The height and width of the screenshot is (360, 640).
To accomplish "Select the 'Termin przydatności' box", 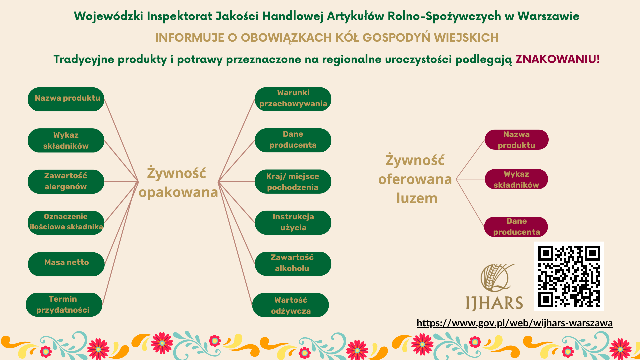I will coord(64,305).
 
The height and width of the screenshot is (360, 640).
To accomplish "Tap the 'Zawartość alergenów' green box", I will coord(66,182).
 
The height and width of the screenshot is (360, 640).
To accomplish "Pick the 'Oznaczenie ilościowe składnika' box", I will coord(66,222).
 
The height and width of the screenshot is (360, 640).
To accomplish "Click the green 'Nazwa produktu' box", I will coord(66,99).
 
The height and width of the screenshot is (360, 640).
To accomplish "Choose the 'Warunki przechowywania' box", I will coord(293,99).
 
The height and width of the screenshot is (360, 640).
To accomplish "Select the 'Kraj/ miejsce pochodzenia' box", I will coord(293,182).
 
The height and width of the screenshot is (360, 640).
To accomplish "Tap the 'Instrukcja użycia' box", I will coord(293,222).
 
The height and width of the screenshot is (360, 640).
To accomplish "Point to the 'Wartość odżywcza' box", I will coord(291,305).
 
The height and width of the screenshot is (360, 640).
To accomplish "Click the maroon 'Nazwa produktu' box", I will coord(517,140).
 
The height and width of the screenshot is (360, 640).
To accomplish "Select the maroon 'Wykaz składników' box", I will coord(516,179).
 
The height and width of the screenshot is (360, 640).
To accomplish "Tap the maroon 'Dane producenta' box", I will coord(516,227).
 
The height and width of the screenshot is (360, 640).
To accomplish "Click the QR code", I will coord(569,276).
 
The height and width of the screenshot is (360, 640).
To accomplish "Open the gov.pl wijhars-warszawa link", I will coord(514,323).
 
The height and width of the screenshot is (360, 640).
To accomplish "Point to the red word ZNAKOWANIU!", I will coord(557,59).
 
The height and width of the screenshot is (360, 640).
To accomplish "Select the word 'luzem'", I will coord(417,198).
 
